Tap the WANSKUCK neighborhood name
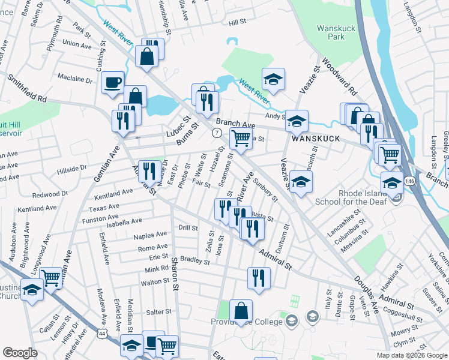click(316, 139)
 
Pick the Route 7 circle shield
click(216, 133)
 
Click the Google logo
click(20, 353)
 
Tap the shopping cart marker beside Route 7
click(241, 137)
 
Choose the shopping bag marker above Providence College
click(241, 311)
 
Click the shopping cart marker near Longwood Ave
click(51, 277)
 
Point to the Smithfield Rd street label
click(27, 88)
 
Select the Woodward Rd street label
click(340, 76)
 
